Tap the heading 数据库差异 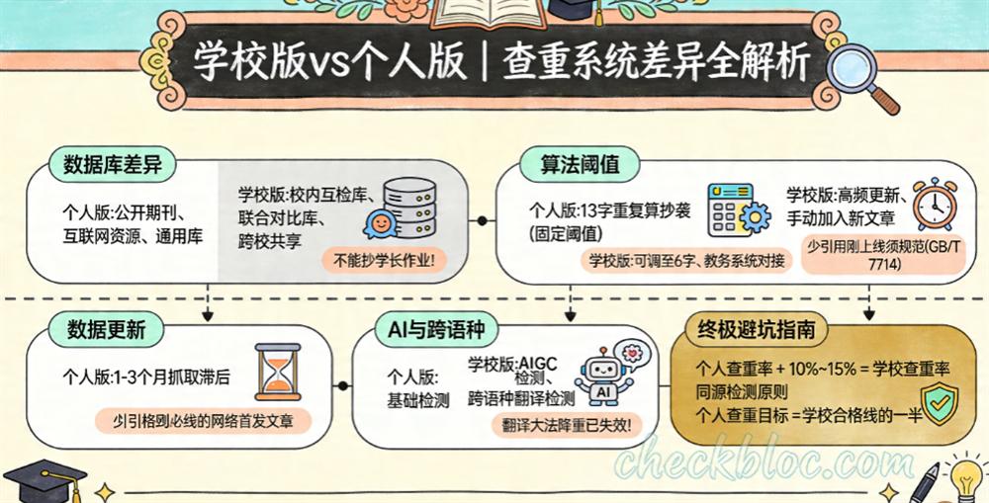click(112, 165)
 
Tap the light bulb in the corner click(964, 473)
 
